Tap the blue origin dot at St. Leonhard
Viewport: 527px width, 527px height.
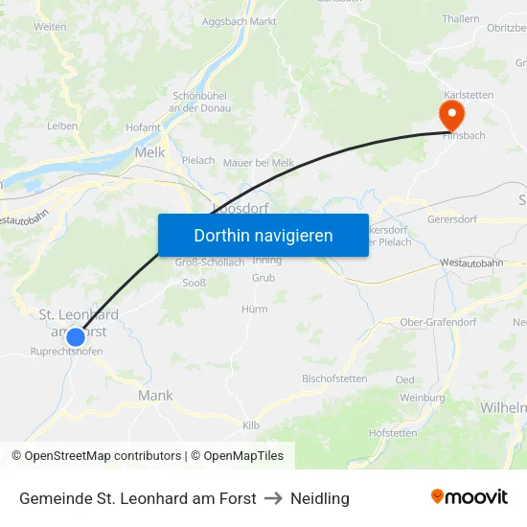point(76,336)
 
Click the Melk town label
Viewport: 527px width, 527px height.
point(150,152)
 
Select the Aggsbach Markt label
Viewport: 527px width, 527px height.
point(240,20)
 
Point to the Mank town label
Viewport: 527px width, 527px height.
point(155,395)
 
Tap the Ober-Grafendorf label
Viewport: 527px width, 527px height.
point(437,322)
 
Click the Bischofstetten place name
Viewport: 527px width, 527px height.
point(334,378)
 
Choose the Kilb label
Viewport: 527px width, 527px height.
point(251,424)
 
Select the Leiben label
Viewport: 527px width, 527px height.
point(62,126)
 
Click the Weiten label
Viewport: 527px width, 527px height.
point(50,27)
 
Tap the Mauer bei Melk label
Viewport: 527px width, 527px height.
point(259,163)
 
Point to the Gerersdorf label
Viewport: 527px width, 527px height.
point(453,218)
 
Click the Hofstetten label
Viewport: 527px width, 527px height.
point(393,433)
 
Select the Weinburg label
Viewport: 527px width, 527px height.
point(422,398)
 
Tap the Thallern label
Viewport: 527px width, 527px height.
point(461,19)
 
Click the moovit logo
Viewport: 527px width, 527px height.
point(470,497)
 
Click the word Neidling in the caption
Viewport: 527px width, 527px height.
point(320,498)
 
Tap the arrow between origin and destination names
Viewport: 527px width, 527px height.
point(273,498)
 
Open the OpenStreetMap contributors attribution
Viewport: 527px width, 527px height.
point(103,456)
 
